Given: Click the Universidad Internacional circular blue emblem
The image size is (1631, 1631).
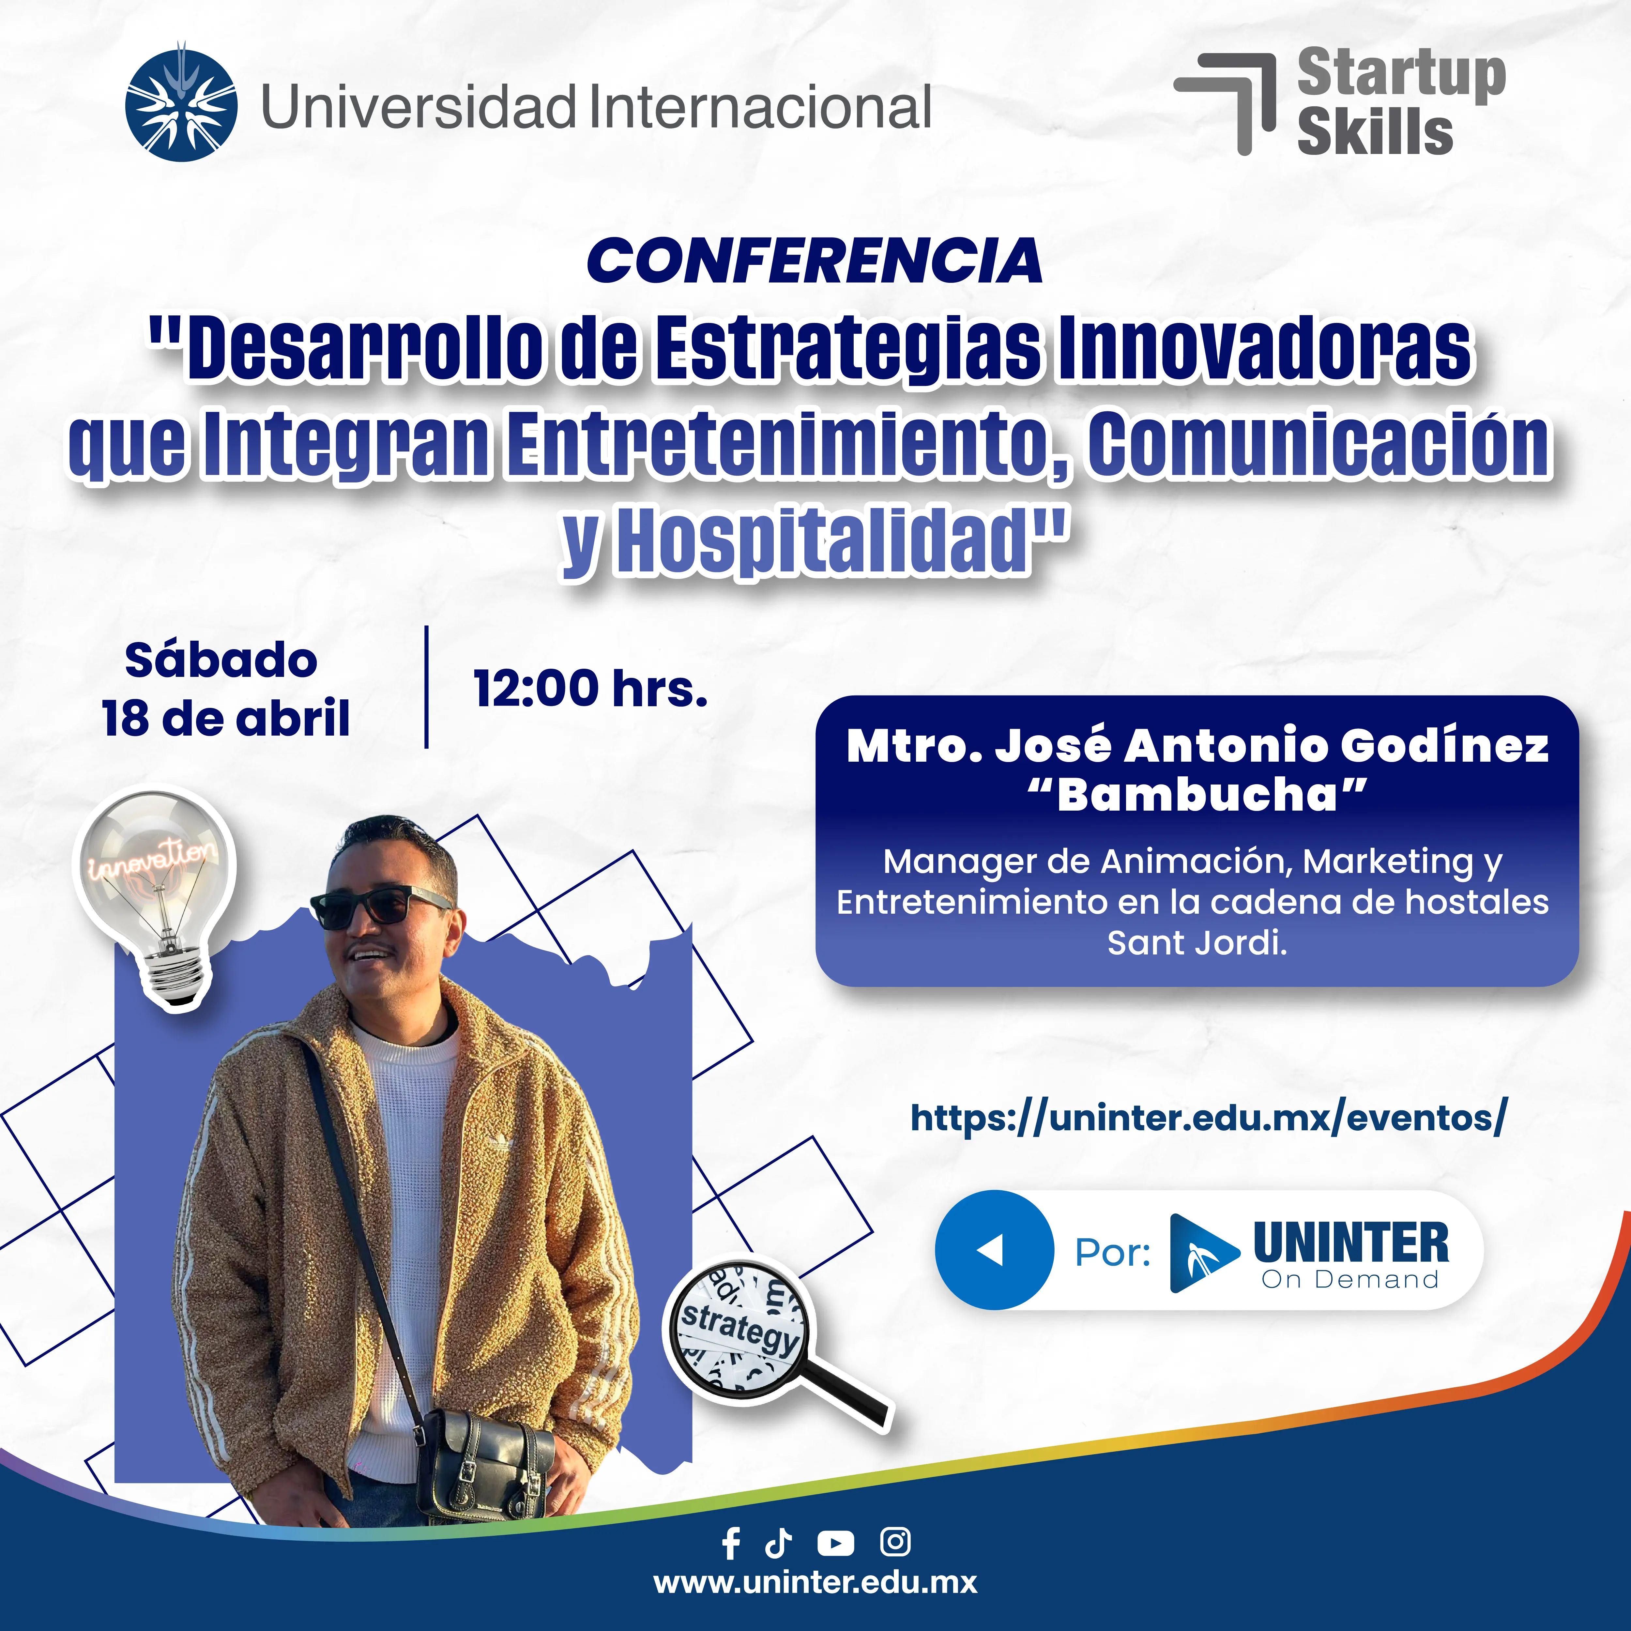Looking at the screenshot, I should coord(181,105).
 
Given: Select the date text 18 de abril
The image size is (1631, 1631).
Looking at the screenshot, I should coord(225,719).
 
